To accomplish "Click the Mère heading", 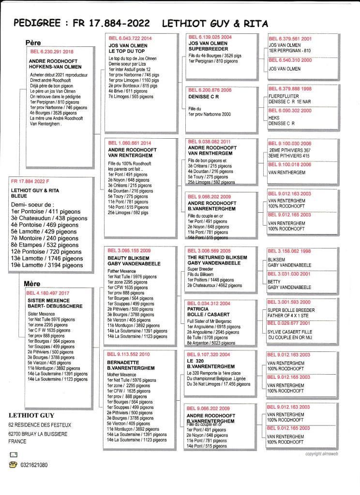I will pyautogui.click(x=32, y=284).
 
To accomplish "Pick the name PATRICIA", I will pyautogui.click(x=197, y=308).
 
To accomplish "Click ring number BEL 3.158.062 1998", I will pyautogui.click(x=290, y=251).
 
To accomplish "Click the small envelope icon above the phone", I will pyautogui.click(x=13, y=455).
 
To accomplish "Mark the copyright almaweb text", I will pyautogui.click(x=324, y=454).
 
